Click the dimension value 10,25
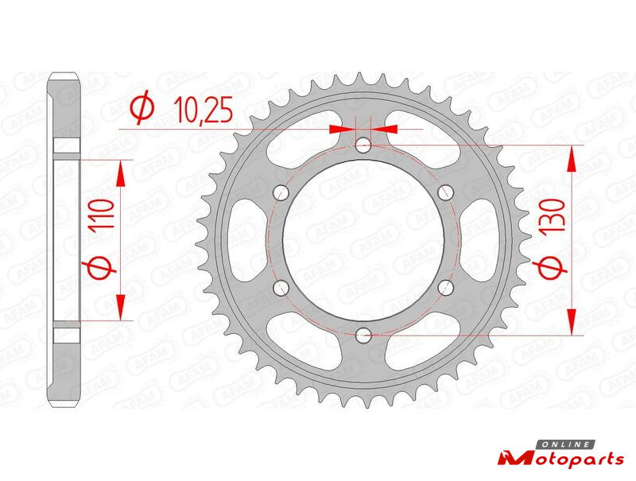(x=204, y=110)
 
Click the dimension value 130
(x=554, y=215)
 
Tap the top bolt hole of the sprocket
(x=363, y=145)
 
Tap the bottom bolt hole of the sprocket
(x=363, y=335)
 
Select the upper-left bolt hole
(x=281, y=192)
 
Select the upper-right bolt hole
(x=446, y=192)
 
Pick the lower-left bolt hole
(x=281, y=288)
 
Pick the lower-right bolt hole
(x=446, y=288)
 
